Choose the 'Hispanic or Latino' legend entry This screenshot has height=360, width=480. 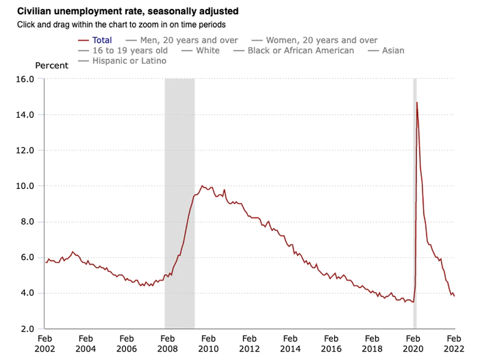tap(129, 61)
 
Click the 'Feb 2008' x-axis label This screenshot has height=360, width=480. tap(167, 343)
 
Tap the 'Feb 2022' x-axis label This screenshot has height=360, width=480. tap(454, 343)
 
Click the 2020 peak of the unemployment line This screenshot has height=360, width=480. tap(417, 103)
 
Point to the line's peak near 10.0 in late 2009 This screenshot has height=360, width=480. tap(202, 186)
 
